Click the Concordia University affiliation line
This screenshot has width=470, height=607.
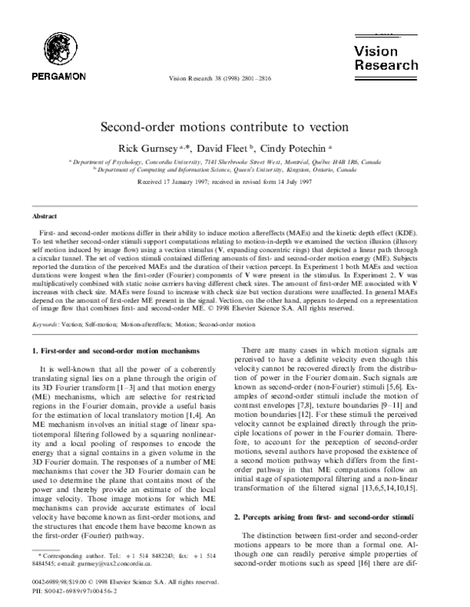[x=235, y=160]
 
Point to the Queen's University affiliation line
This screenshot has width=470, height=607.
[x=235, y=167]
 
